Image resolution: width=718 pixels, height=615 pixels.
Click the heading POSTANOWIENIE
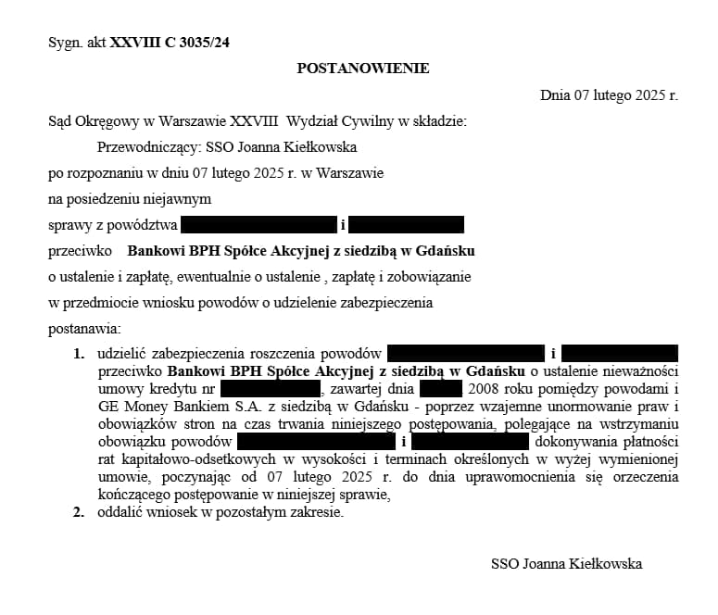362,69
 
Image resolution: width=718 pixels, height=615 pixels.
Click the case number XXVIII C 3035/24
169,42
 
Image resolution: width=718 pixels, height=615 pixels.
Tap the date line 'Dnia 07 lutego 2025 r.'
609,94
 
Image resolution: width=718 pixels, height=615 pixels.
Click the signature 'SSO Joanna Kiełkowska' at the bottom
566,563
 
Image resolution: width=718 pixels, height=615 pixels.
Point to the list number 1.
79,354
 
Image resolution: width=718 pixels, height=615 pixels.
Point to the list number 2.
79,512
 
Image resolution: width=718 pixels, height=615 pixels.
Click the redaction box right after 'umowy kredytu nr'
271,389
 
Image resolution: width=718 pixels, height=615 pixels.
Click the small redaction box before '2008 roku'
440,389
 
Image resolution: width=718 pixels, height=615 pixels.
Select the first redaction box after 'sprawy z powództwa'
258,224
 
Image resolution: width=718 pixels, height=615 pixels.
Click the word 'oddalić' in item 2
119,512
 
